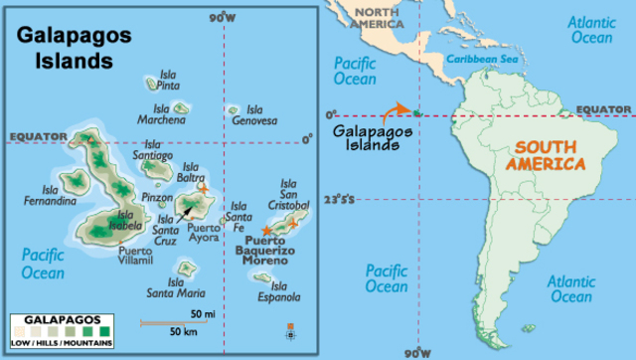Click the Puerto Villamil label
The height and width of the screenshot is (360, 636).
click(135, 257)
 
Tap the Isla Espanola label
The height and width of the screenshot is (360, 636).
click(281, 290)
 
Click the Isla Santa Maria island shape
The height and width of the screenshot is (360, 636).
click(185, 269)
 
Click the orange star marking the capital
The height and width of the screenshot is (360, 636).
click(266, 230)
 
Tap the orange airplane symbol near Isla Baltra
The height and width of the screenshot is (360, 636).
click(204, 187)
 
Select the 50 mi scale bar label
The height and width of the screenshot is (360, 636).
click(203, 314)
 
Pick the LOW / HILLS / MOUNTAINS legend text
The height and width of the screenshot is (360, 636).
click(62, 343)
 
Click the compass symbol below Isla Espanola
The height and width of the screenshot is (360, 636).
click(290, 328)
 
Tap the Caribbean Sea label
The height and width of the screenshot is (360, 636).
click(483, 60)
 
